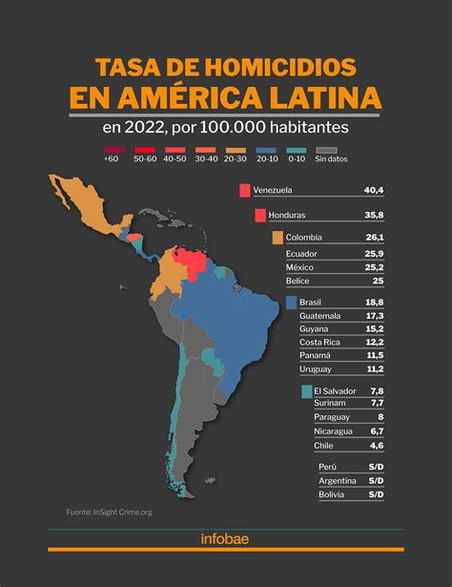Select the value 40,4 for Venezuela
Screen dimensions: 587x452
373,191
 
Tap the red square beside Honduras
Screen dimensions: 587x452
259,215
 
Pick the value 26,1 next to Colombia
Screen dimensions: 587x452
373,238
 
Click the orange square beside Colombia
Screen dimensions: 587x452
277,238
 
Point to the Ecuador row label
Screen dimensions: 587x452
303,254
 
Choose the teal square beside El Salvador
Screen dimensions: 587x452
306,391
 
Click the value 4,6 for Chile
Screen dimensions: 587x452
375,445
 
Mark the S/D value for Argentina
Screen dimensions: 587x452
375,480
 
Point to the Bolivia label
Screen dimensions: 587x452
334,494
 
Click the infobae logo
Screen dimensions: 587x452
225,539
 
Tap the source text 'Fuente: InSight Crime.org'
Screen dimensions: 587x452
110,512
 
